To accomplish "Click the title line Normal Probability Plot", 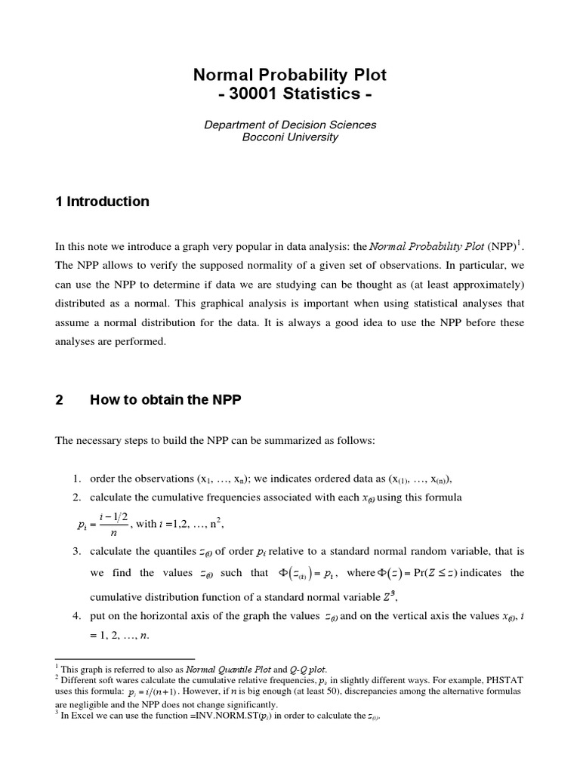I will tap(290, 75).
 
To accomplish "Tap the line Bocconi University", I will tap(290, 137).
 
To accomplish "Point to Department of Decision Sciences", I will tap(290, 125).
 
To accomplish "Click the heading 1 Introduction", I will tap(102, 202).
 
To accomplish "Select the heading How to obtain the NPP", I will tap(165, 400).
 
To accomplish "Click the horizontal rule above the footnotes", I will tap(125, 658).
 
